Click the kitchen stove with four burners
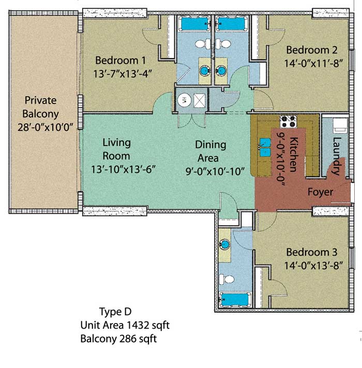point(288,122)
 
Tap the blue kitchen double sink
point(265,148)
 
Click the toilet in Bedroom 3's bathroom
point(227,279)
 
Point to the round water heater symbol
point(184,100)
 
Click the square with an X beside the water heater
point(199,101)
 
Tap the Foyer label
point(320,192)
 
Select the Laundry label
point(337,156)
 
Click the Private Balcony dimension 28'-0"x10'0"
point(46,127)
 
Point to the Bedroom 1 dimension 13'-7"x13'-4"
point(123,74)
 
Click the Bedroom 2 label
point(312,50)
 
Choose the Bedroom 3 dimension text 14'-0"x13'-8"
point(313,266)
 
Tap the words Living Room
point(116,149)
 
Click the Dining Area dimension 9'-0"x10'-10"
point(215,171)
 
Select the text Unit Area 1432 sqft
point(125,325)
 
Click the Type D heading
point(115,312)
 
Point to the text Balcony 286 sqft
point(118,339)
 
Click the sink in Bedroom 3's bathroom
point(224,244)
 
